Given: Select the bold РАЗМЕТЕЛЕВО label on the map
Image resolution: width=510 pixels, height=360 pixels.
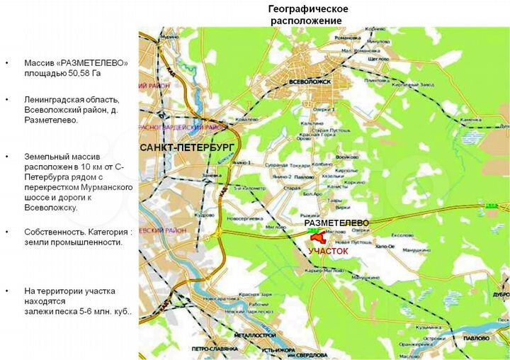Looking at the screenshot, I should (337, 223).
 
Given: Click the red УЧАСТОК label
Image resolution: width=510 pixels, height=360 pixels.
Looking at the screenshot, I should (328, 251).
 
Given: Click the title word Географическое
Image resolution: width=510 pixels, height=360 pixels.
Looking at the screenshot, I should (307, 9).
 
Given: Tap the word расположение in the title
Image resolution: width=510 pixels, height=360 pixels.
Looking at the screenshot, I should (307, 21).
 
